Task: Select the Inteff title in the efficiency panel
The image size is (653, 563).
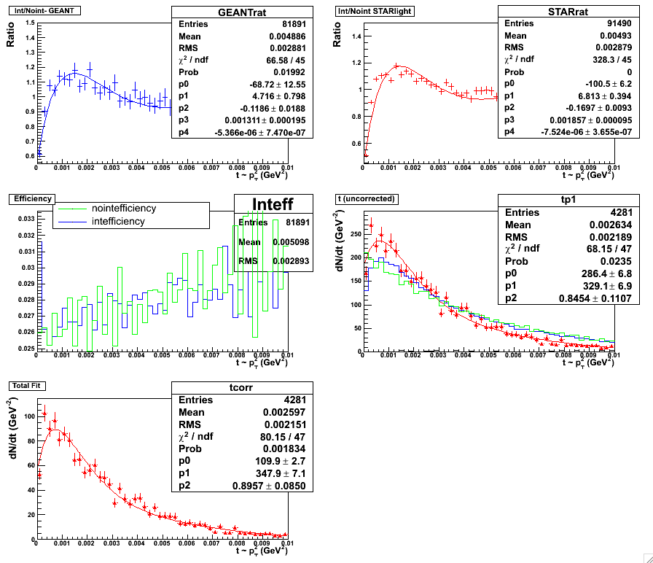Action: (273, 204)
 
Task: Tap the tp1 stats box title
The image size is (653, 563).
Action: (558, 201)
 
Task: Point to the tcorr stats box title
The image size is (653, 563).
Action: (241, 388)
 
